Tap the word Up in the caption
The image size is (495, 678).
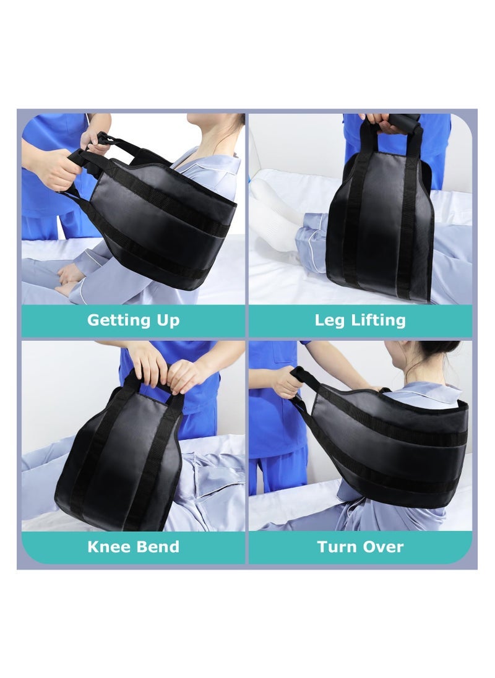coord(166,320)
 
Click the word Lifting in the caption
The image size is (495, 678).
coord(378,320)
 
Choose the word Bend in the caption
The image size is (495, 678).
coord(159,547)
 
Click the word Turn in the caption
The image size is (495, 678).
coord(338,547)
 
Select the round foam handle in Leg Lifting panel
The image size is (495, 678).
coord(402,122)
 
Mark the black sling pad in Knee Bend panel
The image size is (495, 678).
coord(118,464)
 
